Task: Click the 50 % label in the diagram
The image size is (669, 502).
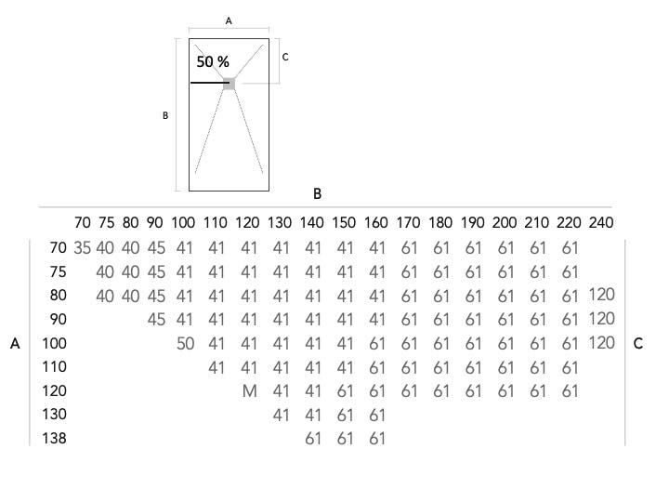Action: coord(213,62)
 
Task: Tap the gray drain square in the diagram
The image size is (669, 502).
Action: coord(230,84)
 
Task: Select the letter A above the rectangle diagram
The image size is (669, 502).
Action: coord(229,20)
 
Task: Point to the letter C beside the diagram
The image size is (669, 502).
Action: coord(285,57)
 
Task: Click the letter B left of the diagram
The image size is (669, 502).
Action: coord(165,115)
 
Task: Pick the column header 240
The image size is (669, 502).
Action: coord(601,222)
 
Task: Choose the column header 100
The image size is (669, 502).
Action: coord(183,222)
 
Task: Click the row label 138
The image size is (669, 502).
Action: coord(54,438)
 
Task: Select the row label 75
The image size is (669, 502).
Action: coord(58,271)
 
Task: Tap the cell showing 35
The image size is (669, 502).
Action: coord(83,247)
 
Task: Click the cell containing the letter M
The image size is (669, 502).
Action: coord(250,391)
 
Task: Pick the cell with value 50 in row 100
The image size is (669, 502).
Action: coord(185,344)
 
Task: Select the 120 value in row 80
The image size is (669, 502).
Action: coord(601,295)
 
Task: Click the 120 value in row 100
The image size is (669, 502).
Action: coord(601,343)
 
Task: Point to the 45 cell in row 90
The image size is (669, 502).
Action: coord(156,319)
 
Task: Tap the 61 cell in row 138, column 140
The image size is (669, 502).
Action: coord(313,439)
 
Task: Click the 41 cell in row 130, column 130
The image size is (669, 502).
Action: coord(281,415)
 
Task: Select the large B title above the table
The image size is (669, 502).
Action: coord(317,193)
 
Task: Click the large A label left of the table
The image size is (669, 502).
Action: coord(15,344)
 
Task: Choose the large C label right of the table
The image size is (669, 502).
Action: coord(638,344)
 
